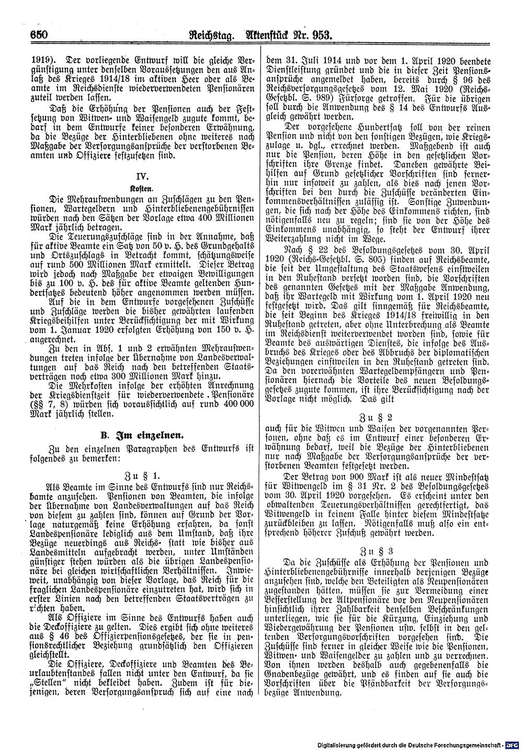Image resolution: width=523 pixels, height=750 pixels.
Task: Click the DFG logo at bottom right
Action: (513, 744)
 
